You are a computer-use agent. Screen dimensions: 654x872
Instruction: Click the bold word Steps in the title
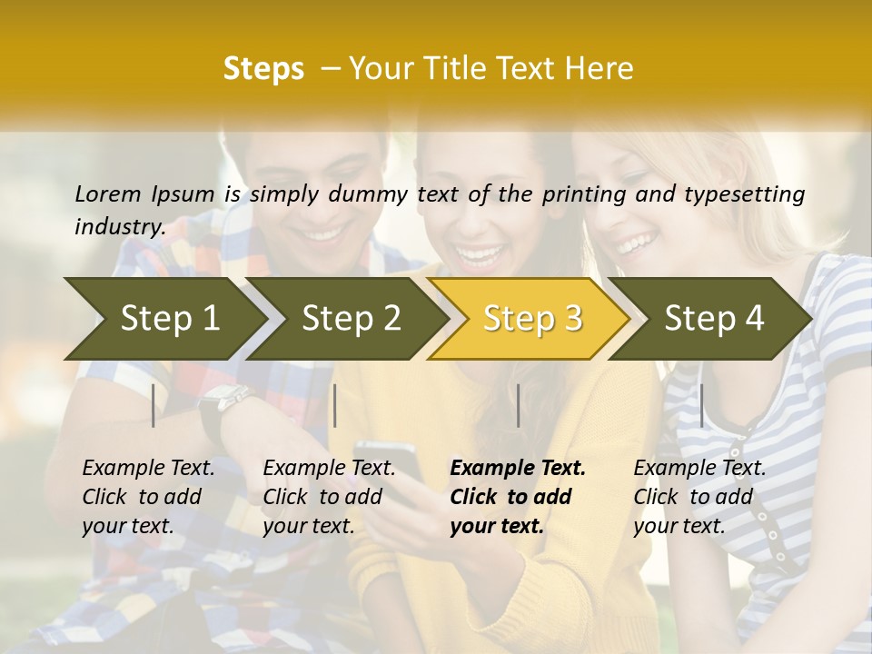[x=263, y=68]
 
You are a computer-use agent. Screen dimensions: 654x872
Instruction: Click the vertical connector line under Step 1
[x=154, y=405]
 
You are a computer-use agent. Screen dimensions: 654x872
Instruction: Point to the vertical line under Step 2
[x=335, y=405]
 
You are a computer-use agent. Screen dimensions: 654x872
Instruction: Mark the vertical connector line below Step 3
[x=518, y=405]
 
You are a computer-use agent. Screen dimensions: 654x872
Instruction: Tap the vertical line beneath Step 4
[x=701, y=405]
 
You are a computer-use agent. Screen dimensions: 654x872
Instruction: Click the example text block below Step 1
[x=148, y=497]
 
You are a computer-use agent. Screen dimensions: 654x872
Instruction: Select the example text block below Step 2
[x=329, y=497]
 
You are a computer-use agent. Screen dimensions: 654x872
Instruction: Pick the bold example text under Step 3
[x=518, y=497]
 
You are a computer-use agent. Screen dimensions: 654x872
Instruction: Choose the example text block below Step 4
[x=699, y=497]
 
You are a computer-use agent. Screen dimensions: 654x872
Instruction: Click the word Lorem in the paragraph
[x=108, y=193]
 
